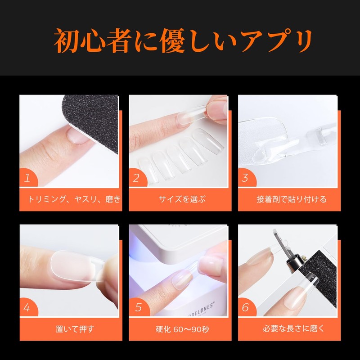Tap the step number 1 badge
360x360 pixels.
27,178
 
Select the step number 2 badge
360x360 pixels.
136,178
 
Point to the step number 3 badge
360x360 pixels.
245,178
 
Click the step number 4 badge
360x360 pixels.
27,308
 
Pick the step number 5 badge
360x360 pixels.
136,308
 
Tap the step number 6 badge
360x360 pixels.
245,308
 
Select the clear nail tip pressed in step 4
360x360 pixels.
72,266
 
